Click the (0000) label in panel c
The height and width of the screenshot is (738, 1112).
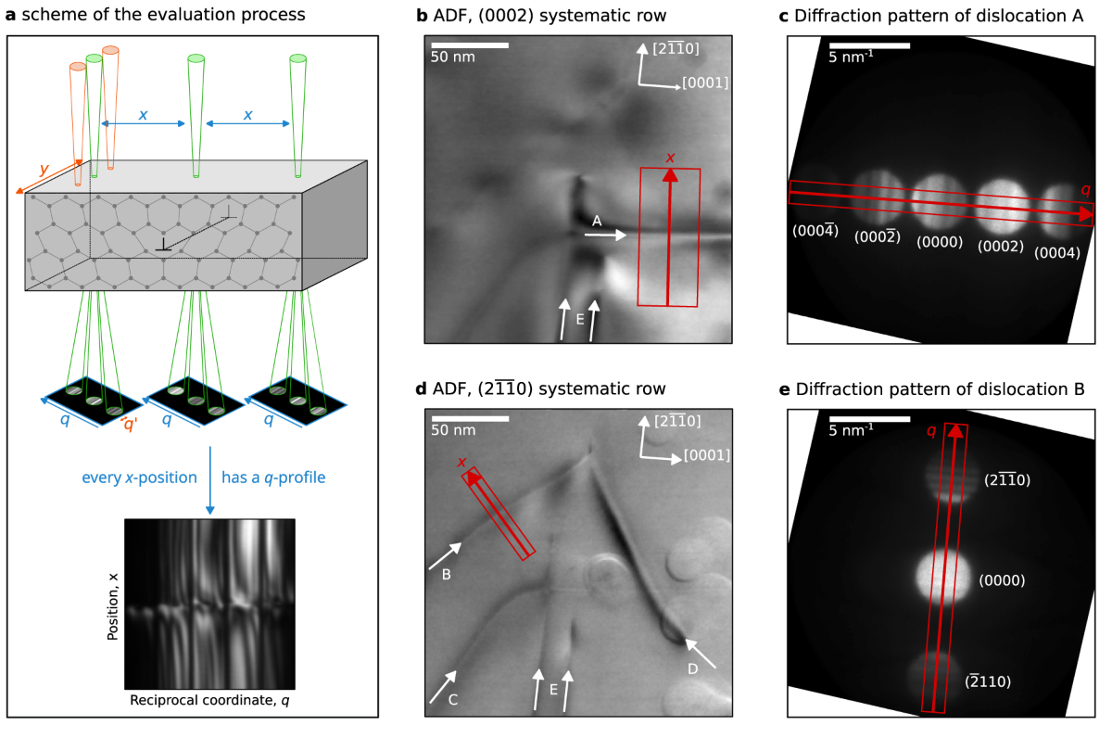939,242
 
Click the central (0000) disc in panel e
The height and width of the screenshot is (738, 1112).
943,579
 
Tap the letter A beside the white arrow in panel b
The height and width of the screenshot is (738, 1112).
598,221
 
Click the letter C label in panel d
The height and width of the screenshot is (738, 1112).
452,700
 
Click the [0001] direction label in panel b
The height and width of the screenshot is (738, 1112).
705,83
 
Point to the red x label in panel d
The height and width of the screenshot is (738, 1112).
461,462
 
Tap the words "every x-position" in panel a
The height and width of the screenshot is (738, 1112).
140,478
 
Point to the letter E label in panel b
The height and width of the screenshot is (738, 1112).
579,319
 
